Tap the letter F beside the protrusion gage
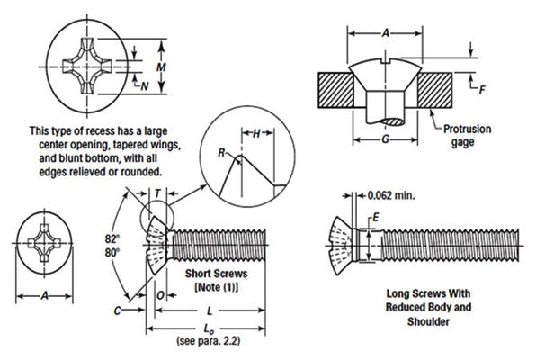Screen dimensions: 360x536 click(x=483, y=88)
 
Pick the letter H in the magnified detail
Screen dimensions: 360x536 click(x=256, y=133)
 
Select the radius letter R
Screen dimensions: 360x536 click(x=221, y=154)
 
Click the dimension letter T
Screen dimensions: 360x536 click(x=157, y=193)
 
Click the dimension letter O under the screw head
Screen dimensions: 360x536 click(x=158, y=293)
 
